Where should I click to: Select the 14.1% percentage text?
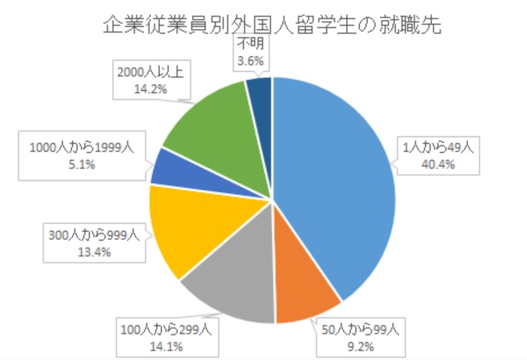pos(166,343)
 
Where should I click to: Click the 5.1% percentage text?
pos(82,164)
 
